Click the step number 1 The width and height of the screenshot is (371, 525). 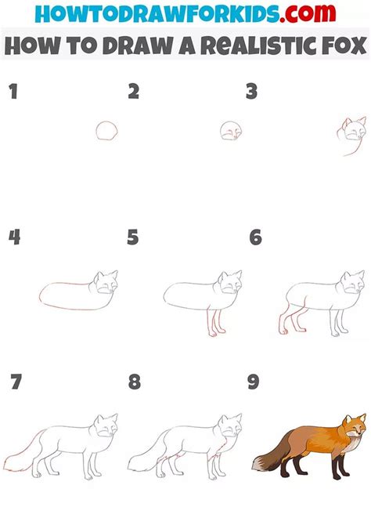[13, 92]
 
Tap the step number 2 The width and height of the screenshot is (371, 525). [134, 92]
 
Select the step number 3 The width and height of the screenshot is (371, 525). [251, 92]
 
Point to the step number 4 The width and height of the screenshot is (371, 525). [14, 237]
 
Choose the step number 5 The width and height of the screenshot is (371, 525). [134, 237]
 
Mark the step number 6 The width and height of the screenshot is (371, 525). [254, 237]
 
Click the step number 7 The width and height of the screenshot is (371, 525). [16, 382]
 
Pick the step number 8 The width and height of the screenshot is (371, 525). [135, 382]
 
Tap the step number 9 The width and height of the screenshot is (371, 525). [253, 382]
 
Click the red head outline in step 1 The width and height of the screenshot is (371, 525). [106, 131]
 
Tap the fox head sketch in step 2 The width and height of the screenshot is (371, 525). [229, 131]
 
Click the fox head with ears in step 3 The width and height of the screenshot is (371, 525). [354, 129]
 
